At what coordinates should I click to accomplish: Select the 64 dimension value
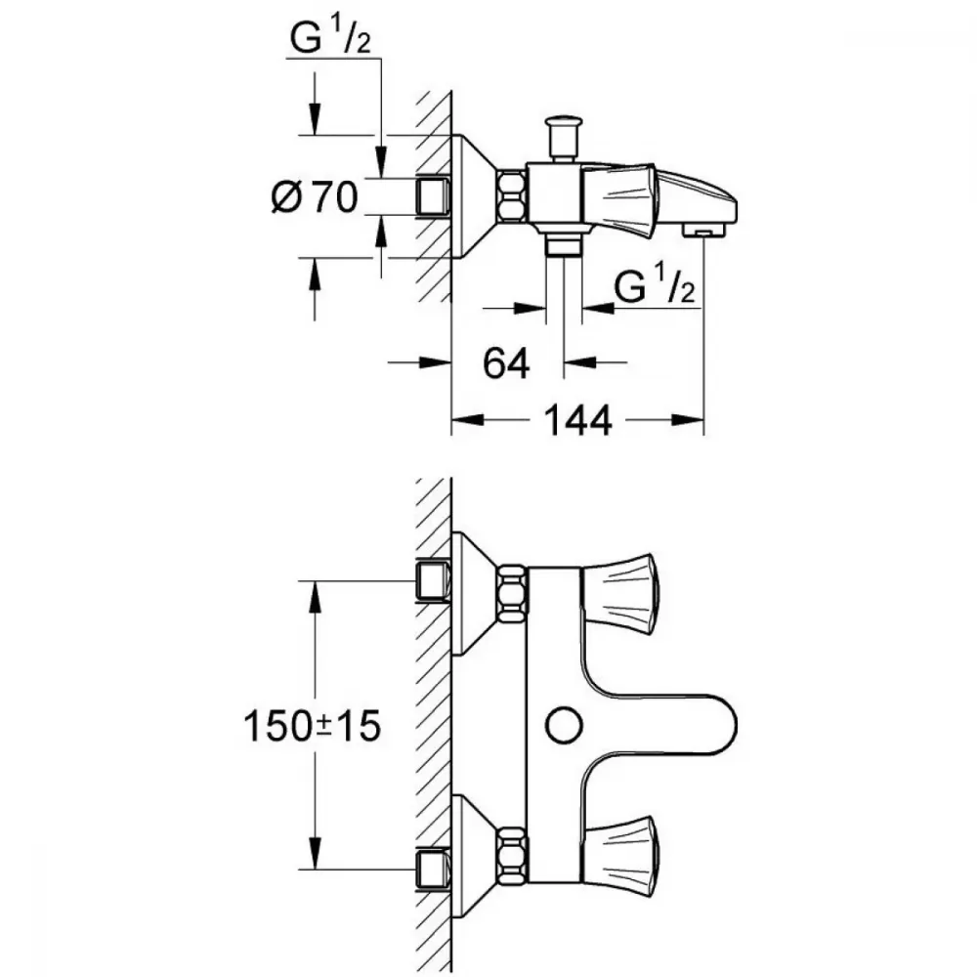pyautogui.click(x=506, y=363)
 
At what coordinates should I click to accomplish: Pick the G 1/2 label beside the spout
pyautogui.click(x=656, y=288)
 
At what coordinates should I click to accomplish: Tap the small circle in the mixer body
pyautogui.click(x=562, y=724)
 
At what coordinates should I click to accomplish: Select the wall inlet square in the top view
pyautogui.click(x=431, y=197)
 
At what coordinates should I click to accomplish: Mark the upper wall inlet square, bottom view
pyautogui.click(x=431, y=581)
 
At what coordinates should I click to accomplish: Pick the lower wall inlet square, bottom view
pyautogui.click(x=431, y=867)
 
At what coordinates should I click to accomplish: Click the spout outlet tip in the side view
pyautogui.click(x=703, y=231)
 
